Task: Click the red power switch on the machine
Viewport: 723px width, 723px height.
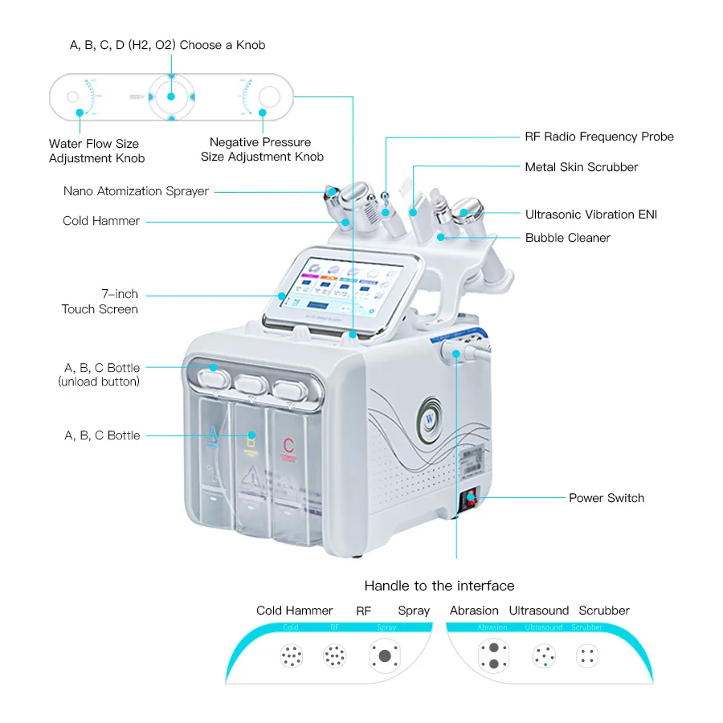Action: pos(466,502)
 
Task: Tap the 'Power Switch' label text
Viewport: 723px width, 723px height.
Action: pos(606,498)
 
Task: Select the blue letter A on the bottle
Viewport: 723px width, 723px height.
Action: pos(213,435)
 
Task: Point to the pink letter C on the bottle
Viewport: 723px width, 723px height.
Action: pos(288,444)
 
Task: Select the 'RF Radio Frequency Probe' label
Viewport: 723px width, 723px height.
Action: pos(598,137)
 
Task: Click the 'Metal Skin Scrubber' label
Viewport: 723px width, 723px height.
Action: pos(581,167)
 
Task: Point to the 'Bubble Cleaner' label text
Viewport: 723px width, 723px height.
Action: pos(567,238)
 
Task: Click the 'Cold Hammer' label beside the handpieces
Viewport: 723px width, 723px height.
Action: pos(101,221)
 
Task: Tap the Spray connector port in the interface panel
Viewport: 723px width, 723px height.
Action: pos(385,656)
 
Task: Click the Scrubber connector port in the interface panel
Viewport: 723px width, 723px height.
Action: pos(587,656)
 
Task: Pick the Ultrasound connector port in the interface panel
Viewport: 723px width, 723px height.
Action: pos(544,656)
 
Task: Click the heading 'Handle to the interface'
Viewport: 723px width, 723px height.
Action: pos(439,586)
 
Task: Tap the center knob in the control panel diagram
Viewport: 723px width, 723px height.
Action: pos(170,96)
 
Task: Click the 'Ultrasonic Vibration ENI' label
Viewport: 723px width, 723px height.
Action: pos(590,214)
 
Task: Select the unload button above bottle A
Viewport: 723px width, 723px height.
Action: pos(212,373)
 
